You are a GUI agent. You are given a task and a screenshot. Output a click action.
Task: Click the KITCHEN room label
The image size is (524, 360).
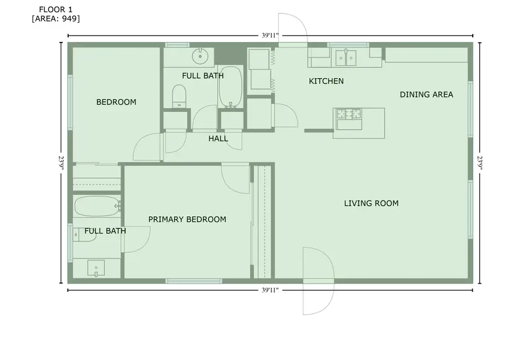(x=326, y=81)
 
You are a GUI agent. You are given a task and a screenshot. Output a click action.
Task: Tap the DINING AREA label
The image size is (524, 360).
(x=426, y=94)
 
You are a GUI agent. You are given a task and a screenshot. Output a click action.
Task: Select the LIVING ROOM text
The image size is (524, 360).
(x=371, y=203)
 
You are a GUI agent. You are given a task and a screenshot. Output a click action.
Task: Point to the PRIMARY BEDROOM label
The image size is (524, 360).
(x=187, y=219)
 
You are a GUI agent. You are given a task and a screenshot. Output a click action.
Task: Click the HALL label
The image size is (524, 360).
(x=218, y=139)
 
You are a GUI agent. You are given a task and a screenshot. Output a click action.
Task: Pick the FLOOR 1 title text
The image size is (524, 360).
(x=55, y=10)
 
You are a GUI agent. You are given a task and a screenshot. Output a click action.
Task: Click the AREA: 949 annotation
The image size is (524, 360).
(x=56, y=19)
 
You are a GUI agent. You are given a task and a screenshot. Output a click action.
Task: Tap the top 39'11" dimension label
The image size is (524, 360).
(x=270, y=36)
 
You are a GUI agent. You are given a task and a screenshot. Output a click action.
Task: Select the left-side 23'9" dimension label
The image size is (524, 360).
(x=61, y=163)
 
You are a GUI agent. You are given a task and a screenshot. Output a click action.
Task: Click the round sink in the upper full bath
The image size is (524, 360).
(x=200, y=56)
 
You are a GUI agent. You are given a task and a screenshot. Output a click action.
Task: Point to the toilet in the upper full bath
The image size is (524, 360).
(x=179, y=96)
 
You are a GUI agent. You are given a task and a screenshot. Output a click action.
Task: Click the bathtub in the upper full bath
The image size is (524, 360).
(x=230, y=87)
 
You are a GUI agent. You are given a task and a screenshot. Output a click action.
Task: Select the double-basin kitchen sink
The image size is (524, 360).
(x=345, y=58)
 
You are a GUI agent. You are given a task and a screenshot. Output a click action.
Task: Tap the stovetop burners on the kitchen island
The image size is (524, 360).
(x=349, y=114)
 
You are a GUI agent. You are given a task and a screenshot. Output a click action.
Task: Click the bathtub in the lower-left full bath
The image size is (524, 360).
(x=97, y=206)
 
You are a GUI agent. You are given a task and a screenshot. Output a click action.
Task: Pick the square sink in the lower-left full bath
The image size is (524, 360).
(x=96, y=268)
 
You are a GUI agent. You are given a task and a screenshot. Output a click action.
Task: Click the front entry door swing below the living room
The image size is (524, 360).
(x=318, y=281)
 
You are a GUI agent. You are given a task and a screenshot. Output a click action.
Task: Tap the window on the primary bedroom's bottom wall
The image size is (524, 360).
(x=194, y=281)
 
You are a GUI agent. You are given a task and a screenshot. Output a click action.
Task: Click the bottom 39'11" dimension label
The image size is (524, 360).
(x=270, y=290)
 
